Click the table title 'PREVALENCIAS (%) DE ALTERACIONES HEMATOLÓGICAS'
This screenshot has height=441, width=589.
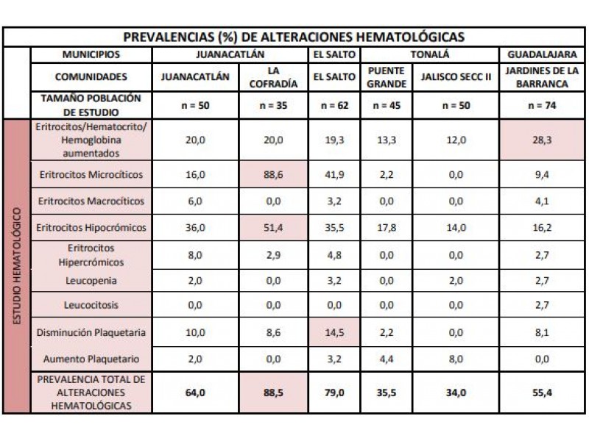[294, 37]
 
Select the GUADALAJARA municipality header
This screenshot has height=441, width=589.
[542, 54]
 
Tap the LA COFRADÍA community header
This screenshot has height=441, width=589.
[273, 77]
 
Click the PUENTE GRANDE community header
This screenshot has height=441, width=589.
[387, 77]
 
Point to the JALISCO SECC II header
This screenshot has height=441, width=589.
[456, 77]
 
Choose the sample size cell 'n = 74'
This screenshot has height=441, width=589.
[542, 105]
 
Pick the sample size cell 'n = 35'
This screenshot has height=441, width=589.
[273, 105]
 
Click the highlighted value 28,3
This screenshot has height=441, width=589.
[542, 140]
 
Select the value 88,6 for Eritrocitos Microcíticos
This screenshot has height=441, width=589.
[273, 175]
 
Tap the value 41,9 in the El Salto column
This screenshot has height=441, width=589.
[334, 175]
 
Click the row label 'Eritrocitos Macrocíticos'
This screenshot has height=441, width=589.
[91, 201]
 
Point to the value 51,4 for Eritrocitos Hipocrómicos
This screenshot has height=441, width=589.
[273, 228]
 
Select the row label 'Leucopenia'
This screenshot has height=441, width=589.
[91, 281]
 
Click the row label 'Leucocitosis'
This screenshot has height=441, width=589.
[91, 305]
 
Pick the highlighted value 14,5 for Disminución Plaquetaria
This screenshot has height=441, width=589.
[334, 333]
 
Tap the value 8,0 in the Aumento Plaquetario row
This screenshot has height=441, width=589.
[456, 359]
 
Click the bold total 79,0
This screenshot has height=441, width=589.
[334, 393]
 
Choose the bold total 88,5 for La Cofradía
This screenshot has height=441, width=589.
[273, 393]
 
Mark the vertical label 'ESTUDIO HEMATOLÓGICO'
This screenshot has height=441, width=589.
[17, 266]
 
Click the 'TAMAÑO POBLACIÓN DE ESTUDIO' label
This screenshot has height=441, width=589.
[91, 105]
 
